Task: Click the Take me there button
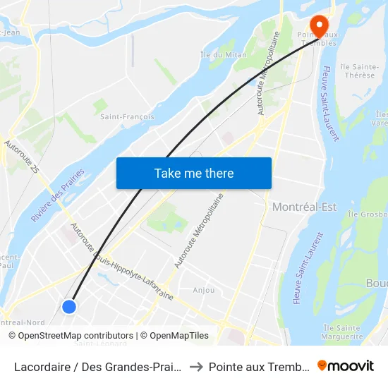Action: click(x=194, y=173)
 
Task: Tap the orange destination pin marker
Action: click(x=318, y=25)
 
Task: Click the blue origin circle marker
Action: click(x=69, y=306)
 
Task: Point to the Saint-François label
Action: click(x=127, y=116)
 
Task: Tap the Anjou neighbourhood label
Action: click(x=204, y=290)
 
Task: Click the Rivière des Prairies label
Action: click(x=58, y=196)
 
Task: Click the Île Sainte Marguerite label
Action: click(x=341, y=332)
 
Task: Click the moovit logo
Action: click(x=346, y=365)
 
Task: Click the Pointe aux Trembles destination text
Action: click(x=260, y=366)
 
